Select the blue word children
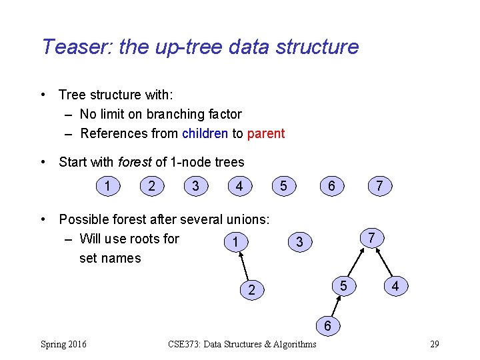[x=205, y=133]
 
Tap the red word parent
[x=266, y=133]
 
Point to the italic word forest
[x=135, y=162]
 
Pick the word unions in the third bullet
[x=247, y=219]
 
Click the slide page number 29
[x=434, y=344]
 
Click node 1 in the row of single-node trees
[x=107, y=186]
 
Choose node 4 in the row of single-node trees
[x=239, y=186]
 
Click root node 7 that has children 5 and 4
[x=373, y=237]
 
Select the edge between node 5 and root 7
[x=357, y=261]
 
